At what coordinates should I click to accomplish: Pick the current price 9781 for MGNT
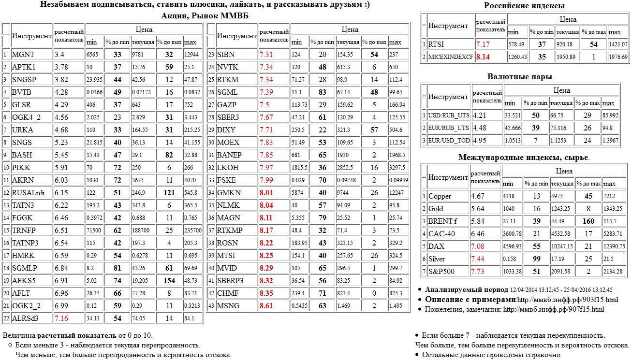point(139,55)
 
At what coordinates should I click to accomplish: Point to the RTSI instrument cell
point(436,44)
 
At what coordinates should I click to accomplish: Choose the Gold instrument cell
point(436,209)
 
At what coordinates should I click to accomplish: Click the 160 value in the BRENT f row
point(588,221)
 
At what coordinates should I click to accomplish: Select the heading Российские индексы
point(525,6)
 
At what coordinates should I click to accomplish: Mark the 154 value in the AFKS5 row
point(169,281)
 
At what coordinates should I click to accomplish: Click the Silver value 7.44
point(479,259)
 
